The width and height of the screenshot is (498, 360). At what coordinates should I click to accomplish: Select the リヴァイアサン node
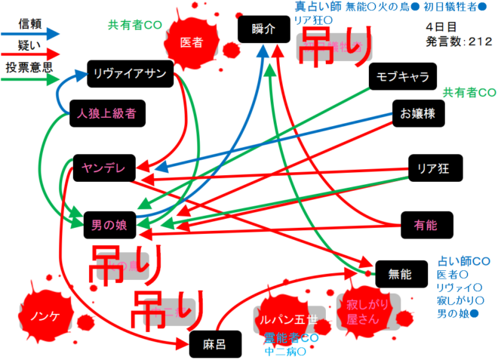pos(131,73)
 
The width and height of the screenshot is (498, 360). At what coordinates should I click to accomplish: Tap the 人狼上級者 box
pos(106,115)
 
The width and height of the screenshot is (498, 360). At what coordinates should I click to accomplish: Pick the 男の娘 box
pos(110,223)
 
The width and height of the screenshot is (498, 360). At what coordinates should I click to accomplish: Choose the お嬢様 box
pos(417,114)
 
